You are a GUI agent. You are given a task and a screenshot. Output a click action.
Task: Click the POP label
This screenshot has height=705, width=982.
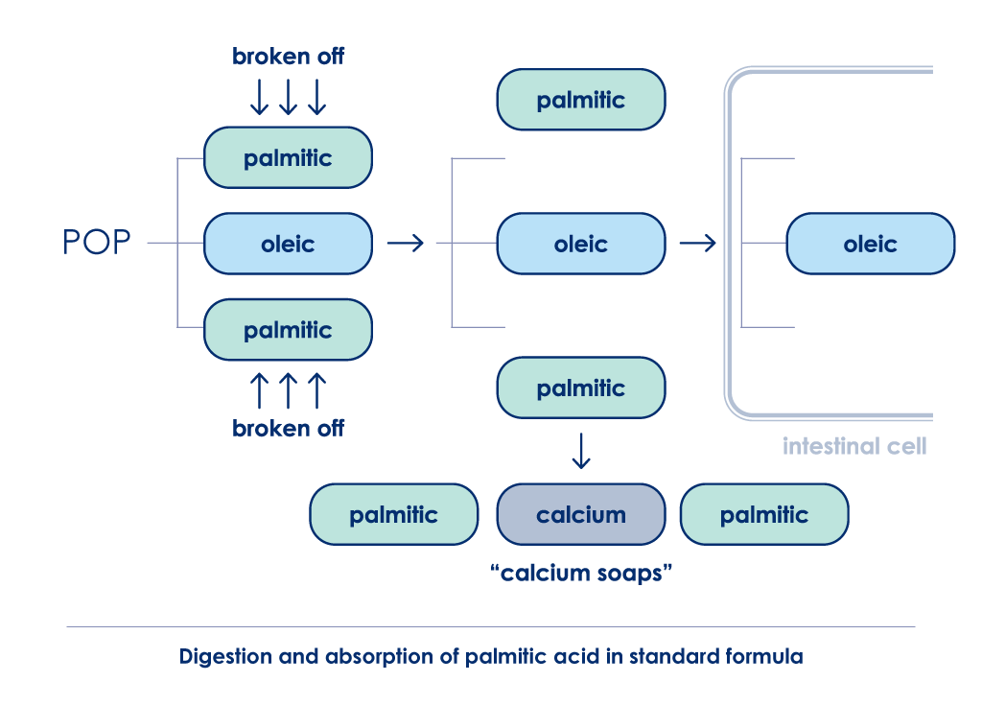tap(97, 242)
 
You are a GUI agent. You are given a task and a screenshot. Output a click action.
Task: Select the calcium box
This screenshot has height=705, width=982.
tap(581, 514)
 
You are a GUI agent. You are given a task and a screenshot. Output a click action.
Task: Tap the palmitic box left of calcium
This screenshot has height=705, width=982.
tap(394, 514)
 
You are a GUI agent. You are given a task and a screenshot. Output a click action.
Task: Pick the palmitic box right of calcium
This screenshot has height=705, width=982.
tap(764, 514)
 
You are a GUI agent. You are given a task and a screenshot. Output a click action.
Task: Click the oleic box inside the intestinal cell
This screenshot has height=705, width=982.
tap(871, 244)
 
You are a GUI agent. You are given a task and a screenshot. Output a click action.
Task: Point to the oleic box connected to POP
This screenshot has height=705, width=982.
tap(288, 244)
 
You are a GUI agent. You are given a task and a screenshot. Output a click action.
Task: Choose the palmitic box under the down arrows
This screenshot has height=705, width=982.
tap(288, 158)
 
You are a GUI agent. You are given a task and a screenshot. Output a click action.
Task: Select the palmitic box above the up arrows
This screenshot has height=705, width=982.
tap(288, 330)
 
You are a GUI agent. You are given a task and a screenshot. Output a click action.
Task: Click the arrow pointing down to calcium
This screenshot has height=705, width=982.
tap(581, 451)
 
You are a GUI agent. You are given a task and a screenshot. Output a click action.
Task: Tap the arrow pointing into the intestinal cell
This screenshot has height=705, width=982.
tap(698, 243)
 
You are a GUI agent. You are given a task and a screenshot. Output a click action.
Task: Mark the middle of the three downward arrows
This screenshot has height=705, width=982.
tap(288, 97)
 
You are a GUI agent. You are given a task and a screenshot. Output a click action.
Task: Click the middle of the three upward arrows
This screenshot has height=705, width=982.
tap(288, 390)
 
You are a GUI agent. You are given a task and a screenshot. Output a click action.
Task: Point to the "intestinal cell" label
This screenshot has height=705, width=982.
tap(854, 446)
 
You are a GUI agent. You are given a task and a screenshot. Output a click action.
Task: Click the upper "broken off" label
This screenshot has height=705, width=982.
tap(288, 57)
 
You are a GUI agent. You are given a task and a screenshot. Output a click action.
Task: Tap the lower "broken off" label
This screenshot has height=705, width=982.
tap(288, 429)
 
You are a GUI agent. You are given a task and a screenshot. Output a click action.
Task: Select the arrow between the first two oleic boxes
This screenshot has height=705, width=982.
tap(406, 243)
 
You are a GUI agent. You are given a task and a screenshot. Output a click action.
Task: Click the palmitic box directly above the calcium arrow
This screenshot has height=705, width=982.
tap(581, 388)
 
